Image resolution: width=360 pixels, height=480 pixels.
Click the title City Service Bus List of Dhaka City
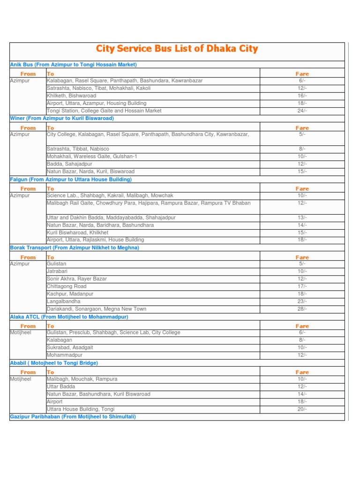point(177,49)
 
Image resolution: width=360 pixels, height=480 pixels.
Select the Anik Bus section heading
point(73,65)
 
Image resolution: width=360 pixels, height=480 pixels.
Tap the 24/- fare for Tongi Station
point(302,111)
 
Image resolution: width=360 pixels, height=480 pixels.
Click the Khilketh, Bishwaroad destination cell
point(71,96)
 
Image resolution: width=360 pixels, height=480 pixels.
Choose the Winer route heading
point(62,119)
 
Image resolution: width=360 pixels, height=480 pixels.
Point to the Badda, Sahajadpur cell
point(69,164)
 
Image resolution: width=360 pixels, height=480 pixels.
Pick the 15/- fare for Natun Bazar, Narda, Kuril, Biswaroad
point(302,172)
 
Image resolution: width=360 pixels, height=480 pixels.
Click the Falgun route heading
point(71,180)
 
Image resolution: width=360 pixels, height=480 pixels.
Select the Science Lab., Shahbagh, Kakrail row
point(110,195)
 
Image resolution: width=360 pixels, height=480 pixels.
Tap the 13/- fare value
point(302,217)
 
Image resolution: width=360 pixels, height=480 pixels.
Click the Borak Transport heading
point(75,247)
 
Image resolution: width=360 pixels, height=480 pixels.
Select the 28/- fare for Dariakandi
point(302,309)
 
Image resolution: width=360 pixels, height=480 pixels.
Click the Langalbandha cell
point(63,301)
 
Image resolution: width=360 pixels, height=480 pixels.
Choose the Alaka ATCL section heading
point(69,317)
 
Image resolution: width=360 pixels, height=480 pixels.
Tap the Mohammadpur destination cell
point(65,355)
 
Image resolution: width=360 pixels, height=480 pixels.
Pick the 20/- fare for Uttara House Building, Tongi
point(302,409)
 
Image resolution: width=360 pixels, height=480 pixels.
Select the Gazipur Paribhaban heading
point(73,417)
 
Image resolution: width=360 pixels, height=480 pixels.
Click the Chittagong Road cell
point(67,286)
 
